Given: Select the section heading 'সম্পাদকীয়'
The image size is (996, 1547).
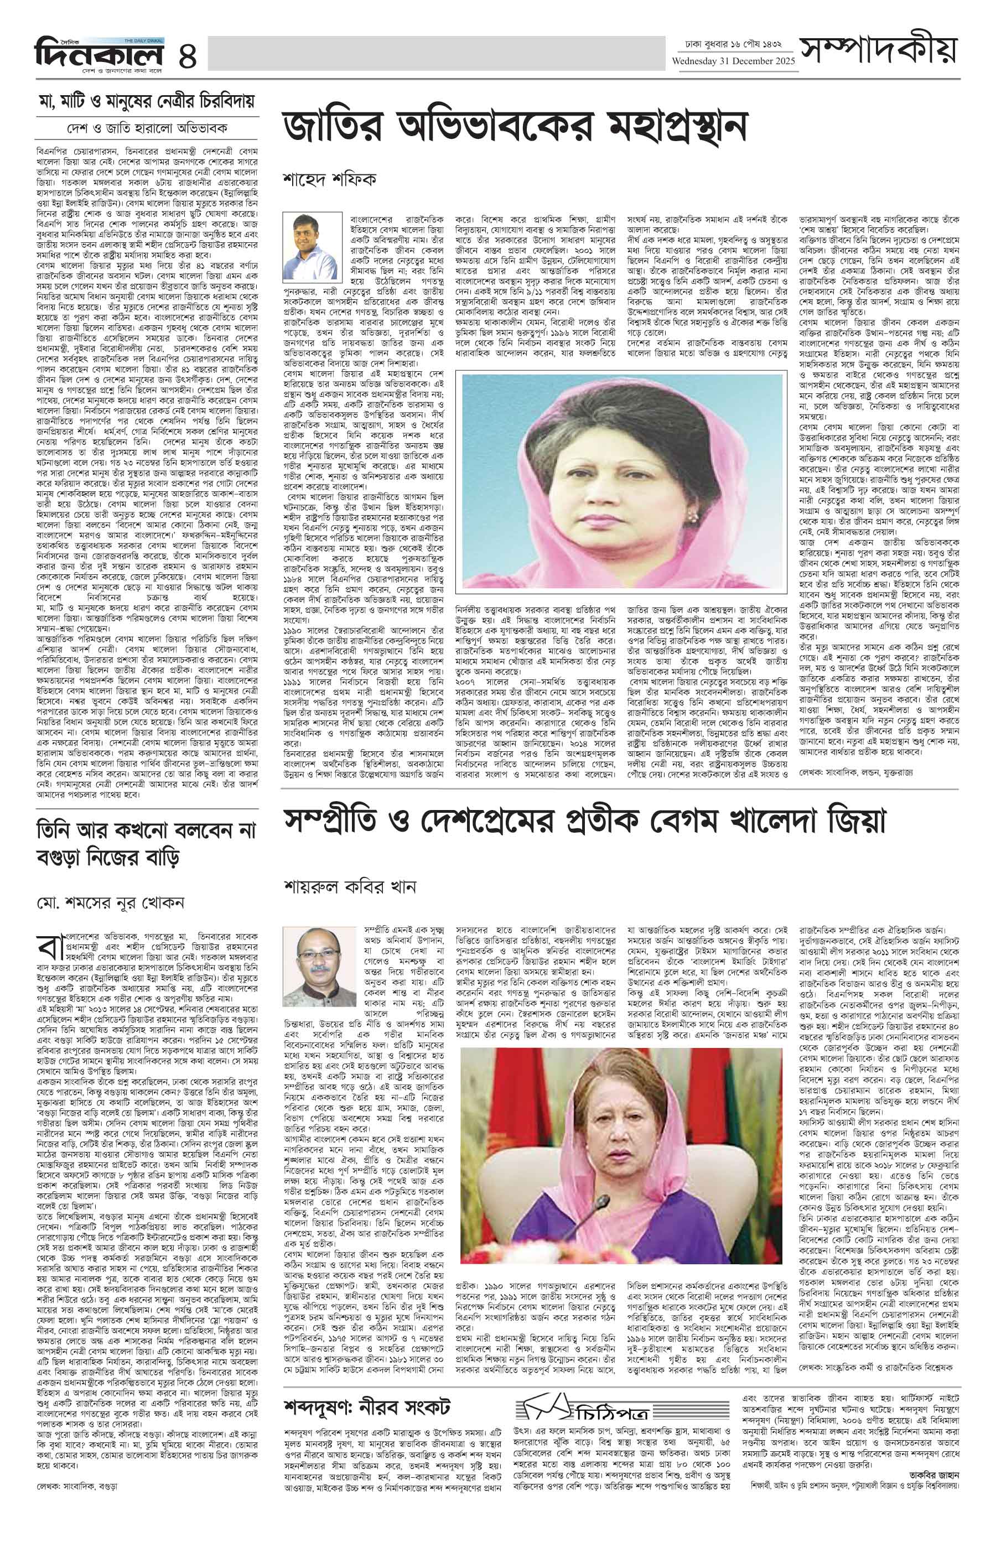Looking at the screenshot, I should (x=878, y=50).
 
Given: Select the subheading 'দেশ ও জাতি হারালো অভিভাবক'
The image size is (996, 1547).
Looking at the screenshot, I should (x=146, y=127).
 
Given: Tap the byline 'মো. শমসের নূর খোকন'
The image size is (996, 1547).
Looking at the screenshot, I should (x=111, y=903).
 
